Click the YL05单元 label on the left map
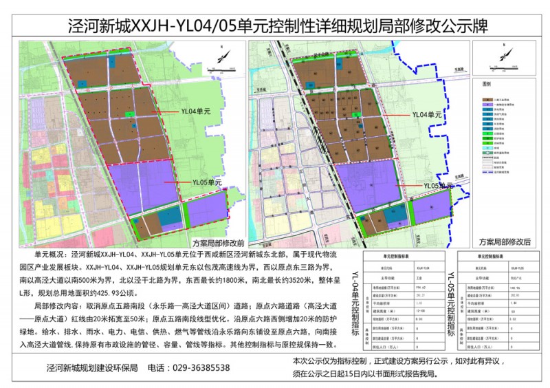click(x=204, y=182)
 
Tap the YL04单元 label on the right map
click(x=427, y=115)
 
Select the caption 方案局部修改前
click(x=219, y=243)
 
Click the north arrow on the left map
click(x=219, y=54)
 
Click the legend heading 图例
click(x=486, y=83)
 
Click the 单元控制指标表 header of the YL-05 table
click(x=500, y=255)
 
